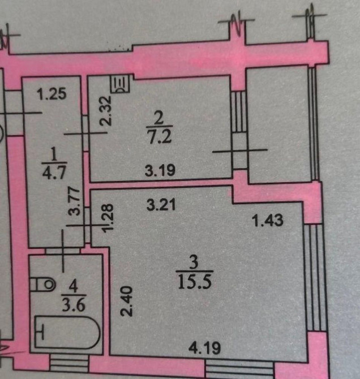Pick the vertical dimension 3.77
coord(72,202)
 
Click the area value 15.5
coord(193,281)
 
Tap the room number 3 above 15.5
coord(193,263)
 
